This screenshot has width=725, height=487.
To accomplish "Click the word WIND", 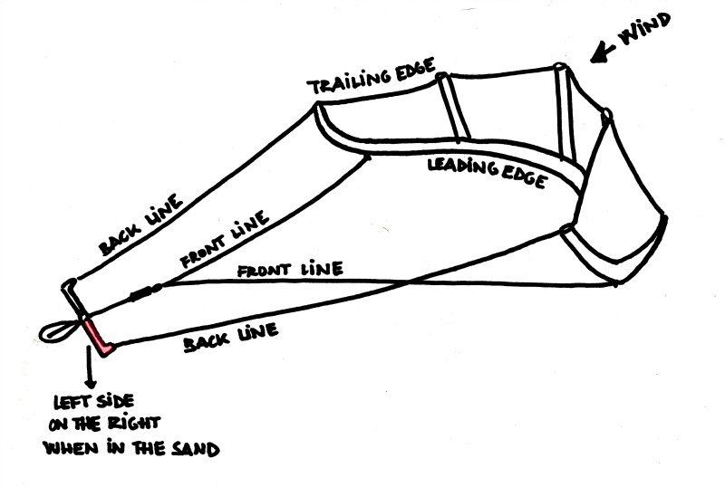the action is click(644, 29).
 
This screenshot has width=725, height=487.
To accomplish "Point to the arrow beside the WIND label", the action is click(603, 53).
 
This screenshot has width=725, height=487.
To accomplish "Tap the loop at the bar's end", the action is click(57, 331).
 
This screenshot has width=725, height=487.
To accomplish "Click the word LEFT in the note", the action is click(72, 402).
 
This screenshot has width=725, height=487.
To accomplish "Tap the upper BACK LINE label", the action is click(140, 225).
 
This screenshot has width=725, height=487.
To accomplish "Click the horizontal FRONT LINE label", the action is click(290, 270).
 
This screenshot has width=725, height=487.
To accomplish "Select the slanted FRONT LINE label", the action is click(224, 239).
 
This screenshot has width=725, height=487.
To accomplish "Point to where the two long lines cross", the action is click(410, 282).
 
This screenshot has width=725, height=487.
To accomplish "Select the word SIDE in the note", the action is click(114, 401).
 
